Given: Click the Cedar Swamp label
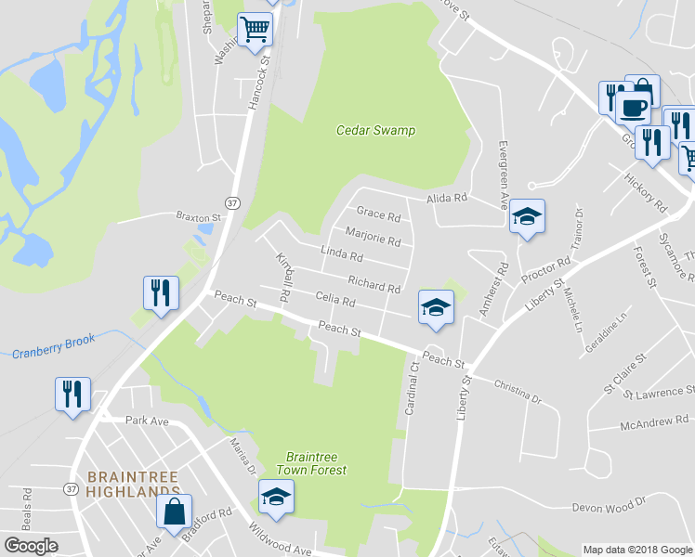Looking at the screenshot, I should coord(375,131).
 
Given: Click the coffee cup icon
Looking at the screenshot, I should coord(633,107).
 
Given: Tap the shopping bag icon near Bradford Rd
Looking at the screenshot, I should coord(174,510).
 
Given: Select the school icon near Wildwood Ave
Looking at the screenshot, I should coord(276,499).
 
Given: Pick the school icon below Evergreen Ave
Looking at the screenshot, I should coord(527,216).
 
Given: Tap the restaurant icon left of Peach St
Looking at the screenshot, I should coord(160,292).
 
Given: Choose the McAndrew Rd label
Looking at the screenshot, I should coord(655,425).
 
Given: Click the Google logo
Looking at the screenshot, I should coord(31,546).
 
